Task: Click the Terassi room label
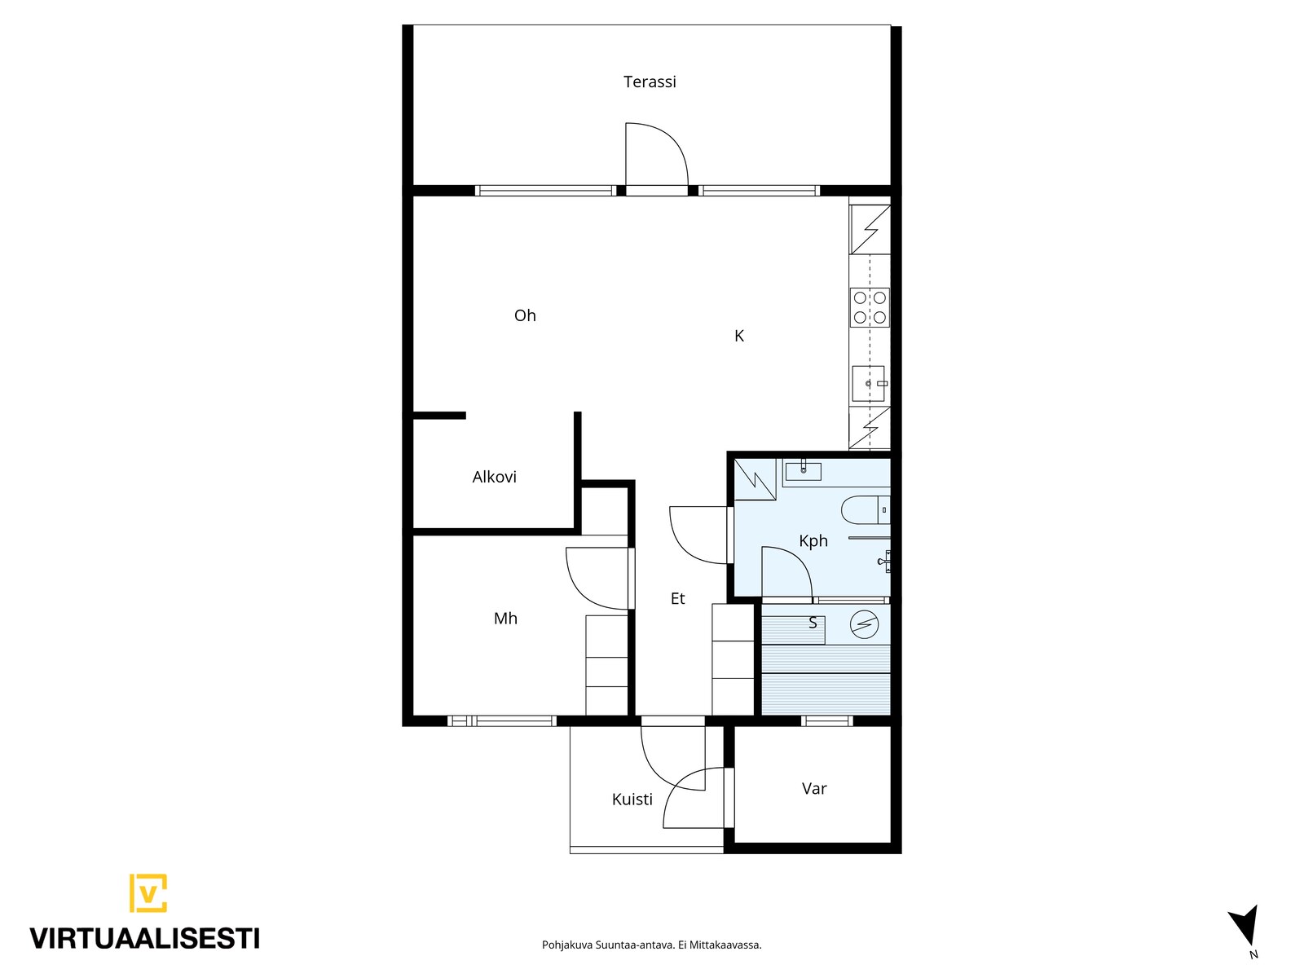point(650,81)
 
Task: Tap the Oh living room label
point(525,315)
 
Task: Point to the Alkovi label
point(494,477)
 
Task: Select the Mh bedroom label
point(505,618)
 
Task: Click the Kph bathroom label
point(813,541)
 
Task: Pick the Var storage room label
point(814,789)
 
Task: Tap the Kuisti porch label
point(632,800)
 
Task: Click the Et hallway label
point(677,598)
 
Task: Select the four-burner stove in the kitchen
point(870,307)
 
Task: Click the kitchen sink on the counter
point(869,384)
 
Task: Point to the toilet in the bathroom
point(866,509)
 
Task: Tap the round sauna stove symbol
point(864,624)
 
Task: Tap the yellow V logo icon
point(148,893)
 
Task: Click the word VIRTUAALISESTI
point(145,939)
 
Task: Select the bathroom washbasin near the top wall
point(804,472)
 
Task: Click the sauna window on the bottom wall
point(826,721)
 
